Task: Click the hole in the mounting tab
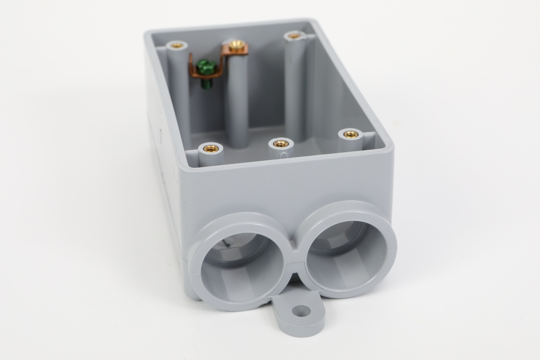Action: (x=301, y=310)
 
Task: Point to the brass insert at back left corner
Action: (x=176, y=45)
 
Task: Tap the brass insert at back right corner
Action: (x=294, y=35)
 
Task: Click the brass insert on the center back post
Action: (x=236, y=45)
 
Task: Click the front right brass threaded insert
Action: (x=351, y=134)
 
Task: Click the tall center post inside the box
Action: (x=237, y=103)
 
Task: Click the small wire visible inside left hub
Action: (x=228, y=243)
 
